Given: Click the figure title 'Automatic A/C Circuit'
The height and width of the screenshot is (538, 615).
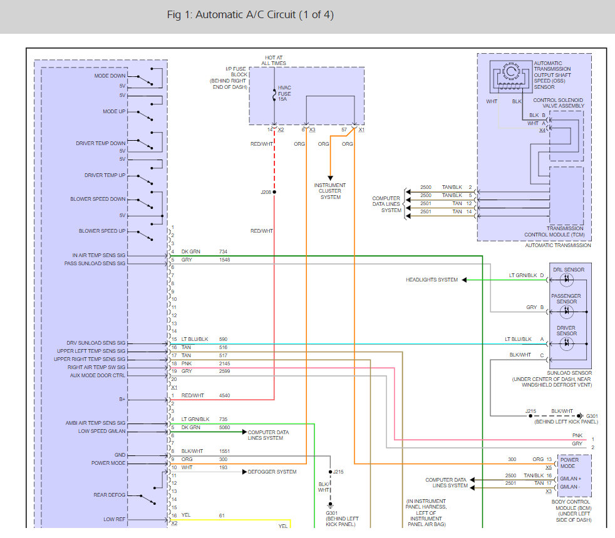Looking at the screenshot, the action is pos(245,15).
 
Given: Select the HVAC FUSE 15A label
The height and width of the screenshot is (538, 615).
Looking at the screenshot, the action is pos(284,93).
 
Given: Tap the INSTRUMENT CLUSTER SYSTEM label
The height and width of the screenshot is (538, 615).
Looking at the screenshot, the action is pos(330,191).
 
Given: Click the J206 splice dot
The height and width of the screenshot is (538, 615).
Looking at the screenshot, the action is pos(274,192).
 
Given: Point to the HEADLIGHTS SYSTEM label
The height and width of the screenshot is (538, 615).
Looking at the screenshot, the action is pos(432,280).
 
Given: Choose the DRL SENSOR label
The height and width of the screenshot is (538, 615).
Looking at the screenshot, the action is pos(569,270).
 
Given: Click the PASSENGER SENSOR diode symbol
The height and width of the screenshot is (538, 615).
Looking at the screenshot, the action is pos(567,312).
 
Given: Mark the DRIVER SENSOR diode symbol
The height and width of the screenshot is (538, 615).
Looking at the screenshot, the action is pos(567,343).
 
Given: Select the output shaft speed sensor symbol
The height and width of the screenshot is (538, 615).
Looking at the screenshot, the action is pos(510,77).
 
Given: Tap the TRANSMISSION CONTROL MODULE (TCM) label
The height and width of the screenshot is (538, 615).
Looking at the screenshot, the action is pos(555,231).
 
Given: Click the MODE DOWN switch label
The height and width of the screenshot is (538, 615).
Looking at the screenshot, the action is pos(110,76).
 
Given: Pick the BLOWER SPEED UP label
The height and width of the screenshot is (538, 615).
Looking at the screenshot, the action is pos(102,231).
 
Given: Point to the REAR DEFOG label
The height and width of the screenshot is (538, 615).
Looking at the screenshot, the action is pos(110,495).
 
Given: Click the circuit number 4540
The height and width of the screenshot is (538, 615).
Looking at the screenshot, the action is pos(224,396).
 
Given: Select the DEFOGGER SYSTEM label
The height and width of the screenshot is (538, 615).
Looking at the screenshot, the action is pos(272,472).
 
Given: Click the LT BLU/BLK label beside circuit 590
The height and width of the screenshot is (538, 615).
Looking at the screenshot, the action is pos(195,339).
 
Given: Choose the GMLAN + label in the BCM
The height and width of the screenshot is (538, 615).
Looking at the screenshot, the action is pos(571,479).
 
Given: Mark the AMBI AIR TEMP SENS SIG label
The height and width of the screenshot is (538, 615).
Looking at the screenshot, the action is pos(95,423).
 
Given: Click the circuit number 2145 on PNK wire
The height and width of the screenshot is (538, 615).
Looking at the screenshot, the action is pos(224,363).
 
